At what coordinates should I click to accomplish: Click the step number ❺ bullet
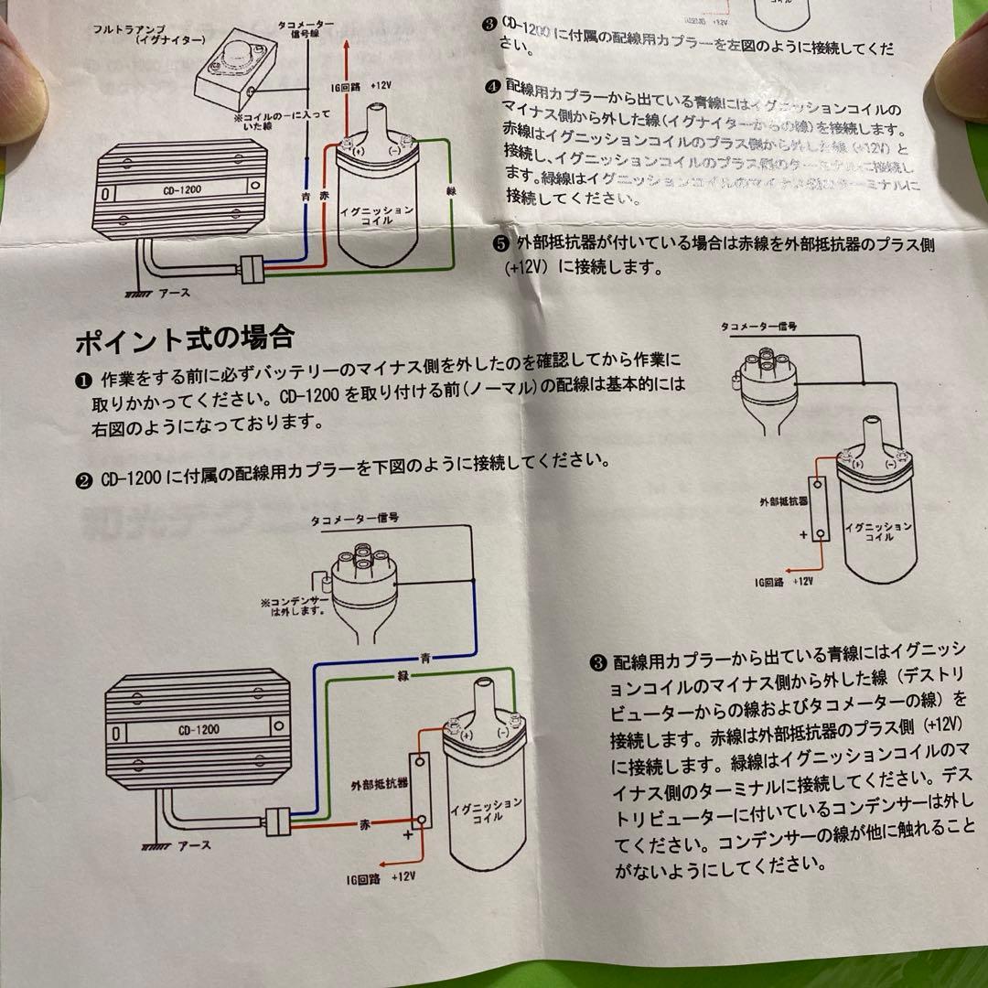coord(499,243)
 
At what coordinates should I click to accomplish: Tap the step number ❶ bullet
coord(82,378)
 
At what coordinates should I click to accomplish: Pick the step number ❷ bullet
coord(82,478)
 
